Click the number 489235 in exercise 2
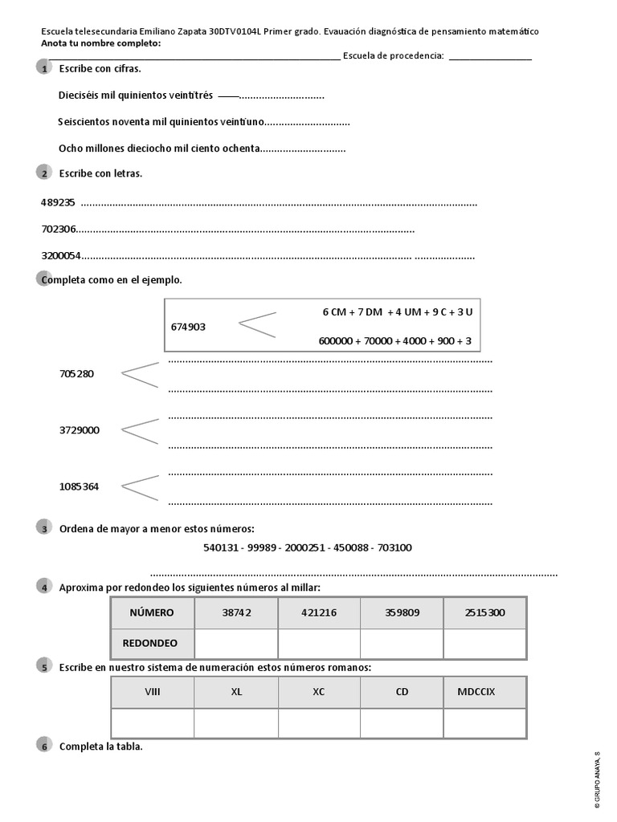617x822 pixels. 58,202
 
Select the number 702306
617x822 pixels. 59,230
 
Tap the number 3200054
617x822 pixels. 61,257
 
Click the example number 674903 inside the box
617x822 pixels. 189,327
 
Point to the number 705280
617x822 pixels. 77,374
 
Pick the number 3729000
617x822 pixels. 80,430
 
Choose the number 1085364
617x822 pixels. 79,486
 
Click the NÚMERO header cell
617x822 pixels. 152,612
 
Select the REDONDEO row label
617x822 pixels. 150,643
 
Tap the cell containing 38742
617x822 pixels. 237,612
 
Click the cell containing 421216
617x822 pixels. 319,612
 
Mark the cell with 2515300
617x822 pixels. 484,612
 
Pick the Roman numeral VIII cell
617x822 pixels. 152,692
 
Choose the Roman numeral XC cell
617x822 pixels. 319,692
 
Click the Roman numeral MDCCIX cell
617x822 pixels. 484,692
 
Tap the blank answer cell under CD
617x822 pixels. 402,723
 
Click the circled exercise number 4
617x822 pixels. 43,588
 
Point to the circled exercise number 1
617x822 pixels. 43,70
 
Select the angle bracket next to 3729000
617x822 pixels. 139,430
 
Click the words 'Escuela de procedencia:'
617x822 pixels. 393,55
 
